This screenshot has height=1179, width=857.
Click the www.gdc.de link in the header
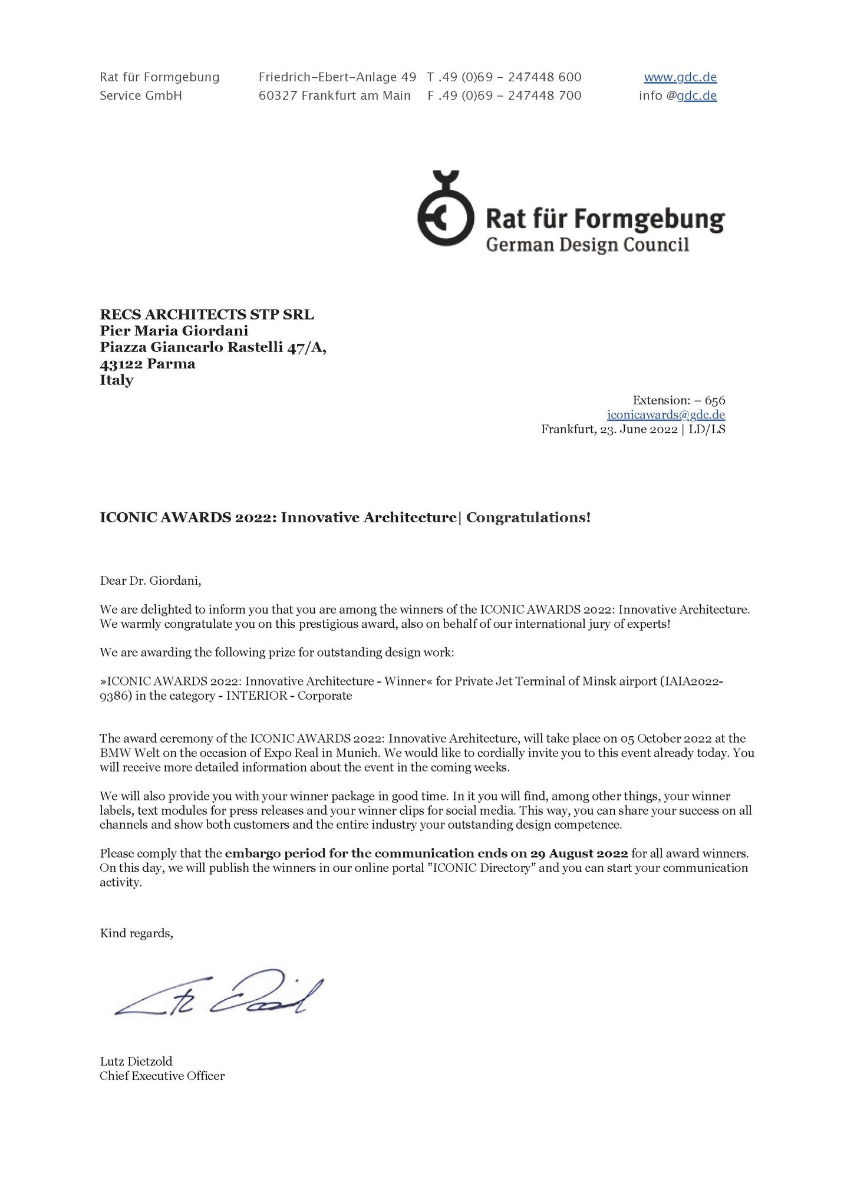click(x=680, y=77)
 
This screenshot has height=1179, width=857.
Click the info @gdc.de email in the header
click(x=678, y=95)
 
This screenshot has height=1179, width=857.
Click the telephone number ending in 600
click(x=504, y=77)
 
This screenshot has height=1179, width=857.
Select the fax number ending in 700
click(x=504, y=95)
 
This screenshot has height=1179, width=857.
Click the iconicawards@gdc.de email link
click(x=666, y=415)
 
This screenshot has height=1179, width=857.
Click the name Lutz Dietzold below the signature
click(x=136, y=1062)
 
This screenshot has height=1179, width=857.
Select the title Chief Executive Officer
click(x=162, y=1076)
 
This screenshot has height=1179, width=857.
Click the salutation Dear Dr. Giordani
click(x=150, y=581)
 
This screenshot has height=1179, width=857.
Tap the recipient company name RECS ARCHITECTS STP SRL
click(x=207, y=314)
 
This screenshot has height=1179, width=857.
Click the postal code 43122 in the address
click(x=121, y=364)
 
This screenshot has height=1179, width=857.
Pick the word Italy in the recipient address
click(x=117, y=380)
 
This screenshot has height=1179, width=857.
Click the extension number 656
click(x=715, y=401)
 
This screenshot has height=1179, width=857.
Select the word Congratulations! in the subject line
click(x=529, y=518)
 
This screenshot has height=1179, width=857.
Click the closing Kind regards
click(x=136, y=933)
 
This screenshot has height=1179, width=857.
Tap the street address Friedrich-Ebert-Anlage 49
click(x=337, y=77)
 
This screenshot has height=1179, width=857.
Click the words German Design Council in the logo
click(x=587, y=245)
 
